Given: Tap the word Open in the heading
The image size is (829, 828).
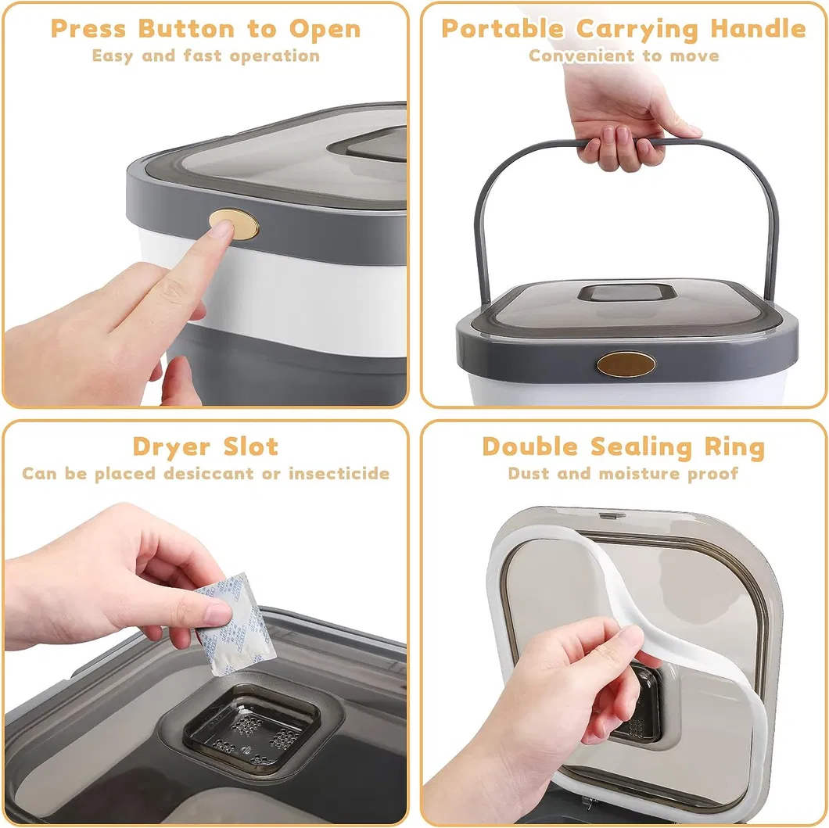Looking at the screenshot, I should point(325,29).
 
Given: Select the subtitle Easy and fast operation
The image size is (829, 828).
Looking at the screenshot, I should point(206,56).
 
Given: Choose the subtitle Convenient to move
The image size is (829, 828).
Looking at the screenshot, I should point(623,56).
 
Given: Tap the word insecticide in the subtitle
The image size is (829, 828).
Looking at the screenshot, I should point(339,474).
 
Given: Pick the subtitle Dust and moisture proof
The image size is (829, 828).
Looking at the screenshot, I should point(623,474).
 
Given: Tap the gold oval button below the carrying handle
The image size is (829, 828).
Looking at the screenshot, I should point(626,364).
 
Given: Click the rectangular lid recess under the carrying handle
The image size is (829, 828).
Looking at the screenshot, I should point(626,294).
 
